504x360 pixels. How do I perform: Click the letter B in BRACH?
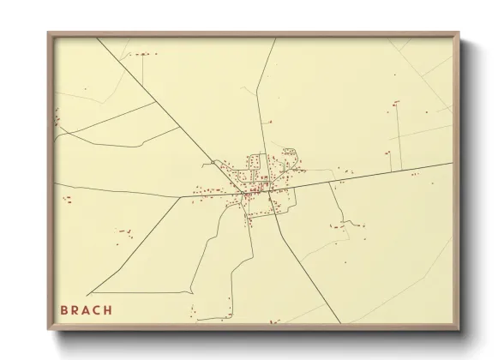click(x=63, y=309)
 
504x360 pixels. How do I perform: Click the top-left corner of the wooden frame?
click(x=48, y=33)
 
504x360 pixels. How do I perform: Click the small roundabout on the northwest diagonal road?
click(x=212, y=160)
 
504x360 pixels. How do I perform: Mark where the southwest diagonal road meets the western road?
click(x=180, y=196)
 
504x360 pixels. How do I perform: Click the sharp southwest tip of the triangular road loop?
click(x=89, y=294)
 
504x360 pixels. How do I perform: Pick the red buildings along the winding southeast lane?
click(x=347, y=225)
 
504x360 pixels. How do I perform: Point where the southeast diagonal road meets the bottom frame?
click(x=341, y=322)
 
